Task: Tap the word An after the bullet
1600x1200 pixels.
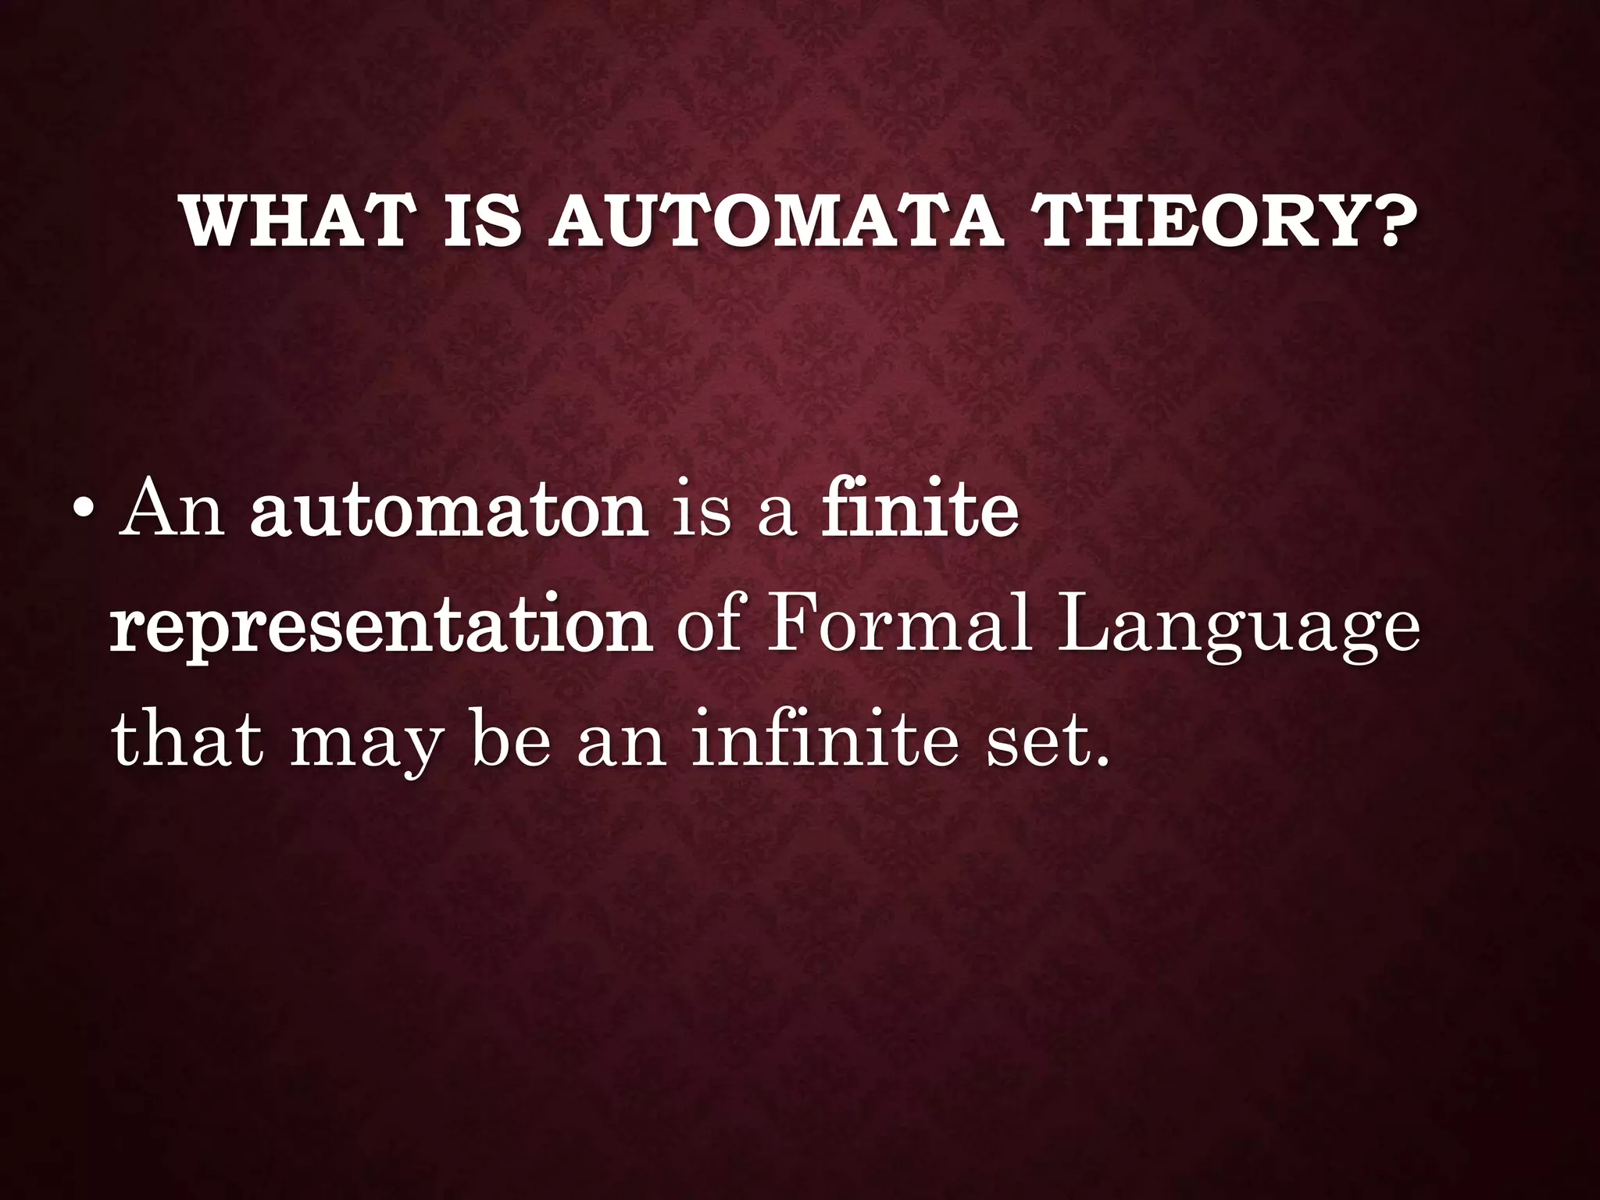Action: (x=171, y=512)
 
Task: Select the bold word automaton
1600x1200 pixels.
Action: (x=448, y=512)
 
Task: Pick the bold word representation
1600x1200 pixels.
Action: (x=381, y=629)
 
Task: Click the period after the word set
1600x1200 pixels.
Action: (x=1102, y=761)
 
